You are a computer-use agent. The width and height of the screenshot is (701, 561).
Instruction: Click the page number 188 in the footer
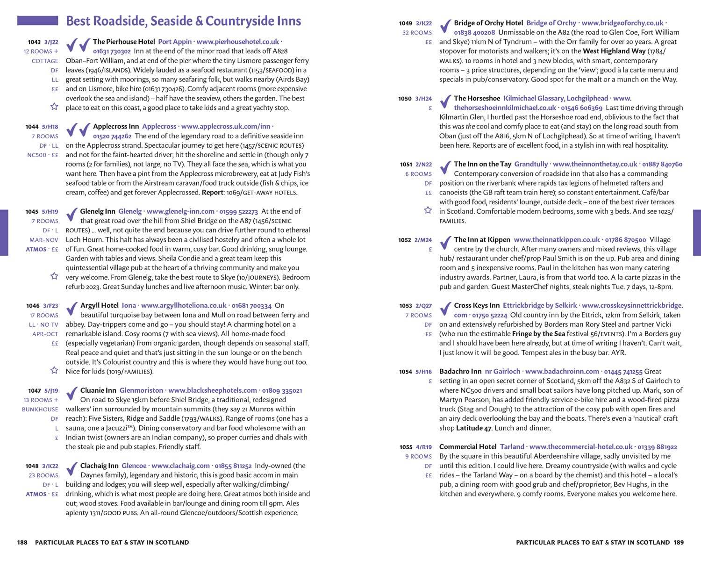tap(22, 542)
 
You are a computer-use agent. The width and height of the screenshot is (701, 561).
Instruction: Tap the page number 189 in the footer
tap(679, 542)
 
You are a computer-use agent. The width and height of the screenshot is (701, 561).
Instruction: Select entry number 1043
tap(34, 42)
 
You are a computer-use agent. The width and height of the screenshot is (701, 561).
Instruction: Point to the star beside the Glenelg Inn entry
tap(54, 276)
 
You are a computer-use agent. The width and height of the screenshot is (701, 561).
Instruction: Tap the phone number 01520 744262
tap(112, 136)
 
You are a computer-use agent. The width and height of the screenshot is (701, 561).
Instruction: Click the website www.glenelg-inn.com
tap(180, 211)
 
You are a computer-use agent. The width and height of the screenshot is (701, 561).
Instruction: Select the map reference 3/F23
tap(50, 306)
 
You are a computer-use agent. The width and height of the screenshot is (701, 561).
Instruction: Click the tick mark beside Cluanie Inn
tap(72, 394)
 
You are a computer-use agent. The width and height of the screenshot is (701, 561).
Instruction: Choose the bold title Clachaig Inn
tap(99, 466)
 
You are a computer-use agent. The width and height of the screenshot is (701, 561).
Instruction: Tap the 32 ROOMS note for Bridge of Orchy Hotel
tap(417, 33)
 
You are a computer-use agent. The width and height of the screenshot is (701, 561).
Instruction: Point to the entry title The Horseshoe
tap(477, 98)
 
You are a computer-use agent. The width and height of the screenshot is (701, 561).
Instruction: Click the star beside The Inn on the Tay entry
tap(428, 210)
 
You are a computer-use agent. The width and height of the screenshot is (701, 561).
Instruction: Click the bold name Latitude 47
tap(473, 428)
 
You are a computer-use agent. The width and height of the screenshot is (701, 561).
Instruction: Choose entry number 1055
tap(406, 447)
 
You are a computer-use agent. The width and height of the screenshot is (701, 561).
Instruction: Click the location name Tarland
tap(512, 447)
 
